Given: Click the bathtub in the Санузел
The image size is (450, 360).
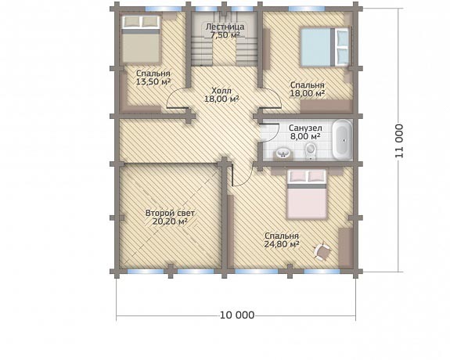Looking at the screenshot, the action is point(342,140).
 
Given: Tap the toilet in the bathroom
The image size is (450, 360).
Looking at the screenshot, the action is point(310,151).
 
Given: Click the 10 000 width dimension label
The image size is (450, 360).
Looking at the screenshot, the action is point(237,315).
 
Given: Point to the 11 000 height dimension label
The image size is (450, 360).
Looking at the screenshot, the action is point(399,141).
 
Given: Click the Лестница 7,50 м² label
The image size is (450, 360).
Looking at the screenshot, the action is point(225,31).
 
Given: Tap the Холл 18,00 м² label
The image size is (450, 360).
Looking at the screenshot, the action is point(221,95).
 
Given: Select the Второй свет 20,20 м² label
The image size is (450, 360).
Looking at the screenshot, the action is point(170,218).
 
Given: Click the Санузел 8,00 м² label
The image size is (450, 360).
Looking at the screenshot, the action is point(305,132).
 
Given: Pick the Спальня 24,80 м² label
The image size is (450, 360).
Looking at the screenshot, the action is point(282,240).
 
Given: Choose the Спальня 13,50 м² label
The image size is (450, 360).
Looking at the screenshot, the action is point(153,77).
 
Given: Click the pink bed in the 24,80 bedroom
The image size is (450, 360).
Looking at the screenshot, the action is point(307,194).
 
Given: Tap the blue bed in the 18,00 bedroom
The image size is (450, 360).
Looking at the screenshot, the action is point(325,47).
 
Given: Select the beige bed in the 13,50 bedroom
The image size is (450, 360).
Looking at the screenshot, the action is point(141,39).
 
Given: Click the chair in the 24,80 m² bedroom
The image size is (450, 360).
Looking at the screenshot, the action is point(322,252).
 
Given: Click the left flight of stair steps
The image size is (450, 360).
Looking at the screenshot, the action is point(202,51).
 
